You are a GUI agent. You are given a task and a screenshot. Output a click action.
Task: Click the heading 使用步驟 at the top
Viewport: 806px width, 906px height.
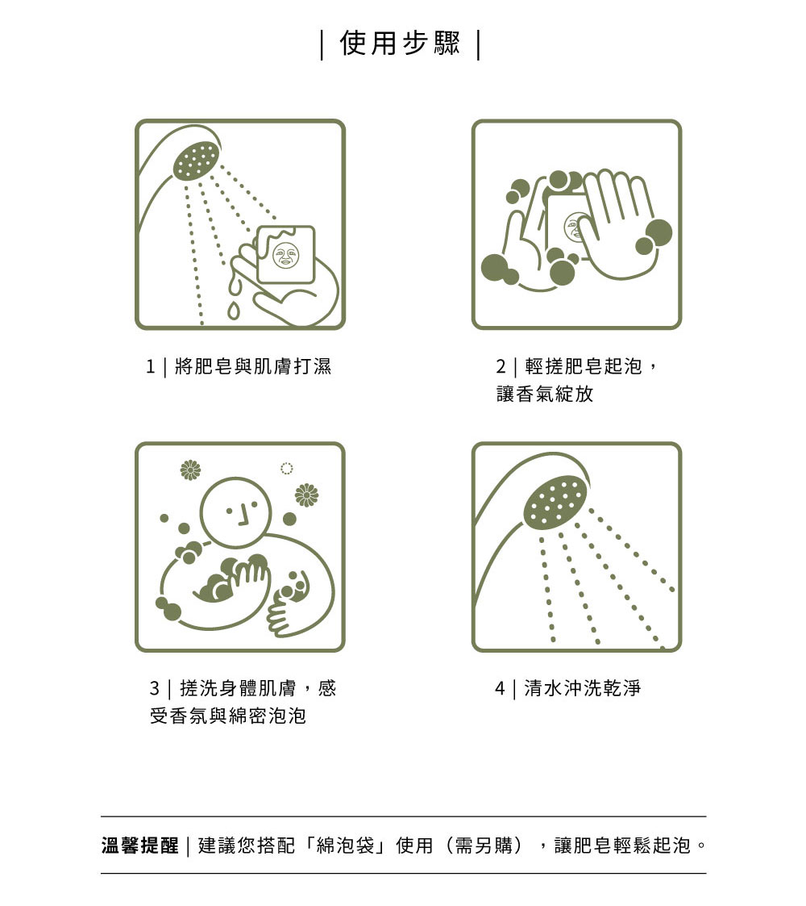(x=400, y=44)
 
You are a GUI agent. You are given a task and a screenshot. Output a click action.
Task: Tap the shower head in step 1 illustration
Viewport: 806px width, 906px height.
(x=197, y=160)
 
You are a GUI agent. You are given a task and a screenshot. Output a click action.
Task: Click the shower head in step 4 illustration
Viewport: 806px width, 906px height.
(x=555, y=502)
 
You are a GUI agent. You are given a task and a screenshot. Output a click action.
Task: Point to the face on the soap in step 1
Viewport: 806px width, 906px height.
(x=286, y=256)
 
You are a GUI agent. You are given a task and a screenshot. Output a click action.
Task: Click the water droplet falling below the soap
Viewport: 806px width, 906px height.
(x=233, y=311)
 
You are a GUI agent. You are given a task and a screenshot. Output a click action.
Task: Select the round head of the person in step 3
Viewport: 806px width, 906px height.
(x=235, y=512)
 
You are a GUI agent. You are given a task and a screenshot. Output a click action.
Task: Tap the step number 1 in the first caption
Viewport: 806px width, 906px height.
(x=151, y=366)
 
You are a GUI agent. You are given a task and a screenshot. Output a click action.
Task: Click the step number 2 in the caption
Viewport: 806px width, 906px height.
(x=501, y=366)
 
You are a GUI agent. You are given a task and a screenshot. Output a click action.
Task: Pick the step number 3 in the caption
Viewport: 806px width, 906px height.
(x=154, y=688)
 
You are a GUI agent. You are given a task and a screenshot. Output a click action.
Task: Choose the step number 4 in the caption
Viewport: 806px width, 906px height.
(x=500, y=688)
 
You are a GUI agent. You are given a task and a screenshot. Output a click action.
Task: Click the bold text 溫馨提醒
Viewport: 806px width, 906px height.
(x=139, y=845)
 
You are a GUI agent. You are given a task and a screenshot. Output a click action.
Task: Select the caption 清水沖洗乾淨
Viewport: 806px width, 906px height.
(x=583, y=688)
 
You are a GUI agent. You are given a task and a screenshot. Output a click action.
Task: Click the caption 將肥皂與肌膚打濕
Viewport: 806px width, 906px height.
(x=253, y=366)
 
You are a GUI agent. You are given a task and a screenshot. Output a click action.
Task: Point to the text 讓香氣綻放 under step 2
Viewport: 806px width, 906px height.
(x=545, y=394)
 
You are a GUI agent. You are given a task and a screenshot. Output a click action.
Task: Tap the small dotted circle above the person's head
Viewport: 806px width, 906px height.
(x=286, y=468)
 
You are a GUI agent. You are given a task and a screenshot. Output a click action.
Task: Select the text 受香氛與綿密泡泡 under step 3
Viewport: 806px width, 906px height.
(x=228, y=716)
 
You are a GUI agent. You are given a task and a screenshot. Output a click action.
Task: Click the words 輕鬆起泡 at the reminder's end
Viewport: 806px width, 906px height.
(x=651, y=845)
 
